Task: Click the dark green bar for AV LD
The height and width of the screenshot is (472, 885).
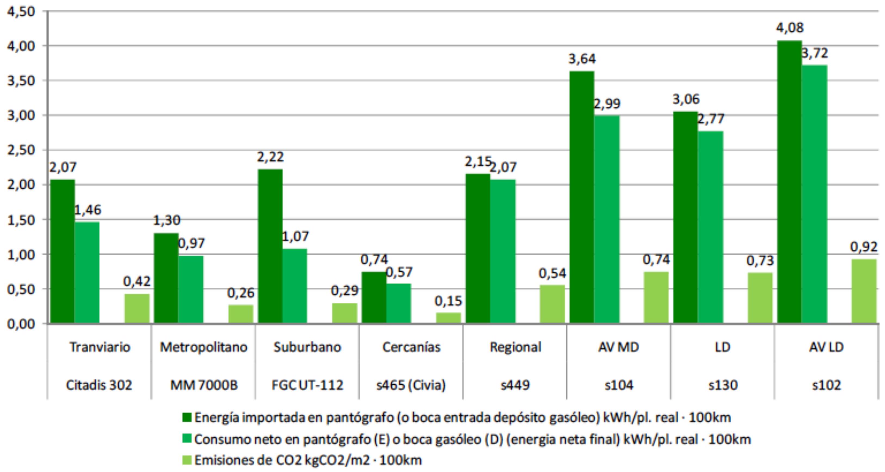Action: pyautogui.click(x=789, y=182)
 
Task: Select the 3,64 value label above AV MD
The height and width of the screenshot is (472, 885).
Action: pyautogui.click(x=582, y=59)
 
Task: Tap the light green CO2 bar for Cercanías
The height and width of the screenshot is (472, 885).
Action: pyautogui.click(x=448, y=318)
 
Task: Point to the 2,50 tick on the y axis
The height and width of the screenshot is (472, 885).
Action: pyautogui.click(x=21, y=150)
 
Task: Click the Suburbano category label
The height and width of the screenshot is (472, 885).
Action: pyautogui.click(x=307, y=347)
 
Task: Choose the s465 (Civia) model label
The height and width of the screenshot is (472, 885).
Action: pyautogui.click(x=411, y=385)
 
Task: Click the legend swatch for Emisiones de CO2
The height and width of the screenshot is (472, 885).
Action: pyautogui.click(x=187, y=460)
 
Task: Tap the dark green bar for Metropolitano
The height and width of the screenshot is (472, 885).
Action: pyautogui.click(x=166, y=278)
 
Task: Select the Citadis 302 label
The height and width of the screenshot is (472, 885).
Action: pyautogui.click(x=99, y=385)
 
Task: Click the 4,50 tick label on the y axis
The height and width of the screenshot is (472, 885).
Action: pyautogui.click(x=21, y=12)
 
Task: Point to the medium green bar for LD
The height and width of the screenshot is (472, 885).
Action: pyautogui.click(x=710, y=227)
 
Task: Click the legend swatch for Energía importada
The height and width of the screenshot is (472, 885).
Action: pyautogui.click(x=187, y=417)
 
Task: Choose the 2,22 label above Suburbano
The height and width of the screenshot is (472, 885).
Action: pyautogui.click(x=270, y=157)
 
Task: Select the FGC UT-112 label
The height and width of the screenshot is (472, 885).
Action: pyautogui.click(x=307, y=385)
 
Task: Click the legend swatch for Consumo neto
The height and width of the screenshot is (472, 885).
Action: pyautogui.click(x=187, y=439)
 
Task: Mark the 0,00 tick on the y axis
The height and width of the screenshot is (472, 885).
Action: pyautogui.click(x=21, y=324)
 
